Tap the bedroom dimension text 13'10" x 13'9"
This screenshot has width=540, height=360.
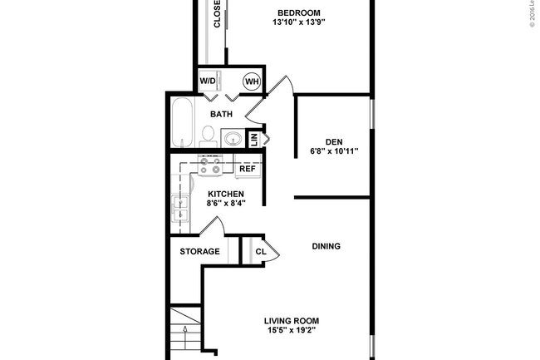click(297, 23)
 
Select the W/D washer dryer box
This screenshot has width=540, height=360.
click(208, 82)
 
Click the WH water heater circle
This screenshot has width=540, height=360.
click(251, 82)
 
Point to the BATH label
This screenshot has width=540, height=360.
click(221, 114)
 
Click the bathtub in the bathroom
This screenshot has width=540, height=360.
click(181, 122)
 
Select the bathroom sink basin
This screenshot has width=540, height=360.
click(233, 138)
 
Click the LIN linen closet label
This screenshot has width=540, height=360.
click(254, 140)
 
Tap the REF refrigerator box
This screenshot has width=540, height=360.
click(247, 169)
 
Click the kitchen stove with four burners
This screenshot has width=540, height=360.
click(210, 167)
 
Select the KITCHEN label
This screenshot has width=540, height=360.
click(225, 194)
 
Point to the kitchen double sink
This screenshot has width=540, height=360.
click(180, 210)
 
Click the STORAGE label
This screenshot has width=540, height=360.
click(200, 251)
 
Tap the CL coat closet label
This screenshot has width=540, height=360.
click(260, 251)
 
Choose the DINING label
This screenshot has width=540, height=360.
click(326, 246)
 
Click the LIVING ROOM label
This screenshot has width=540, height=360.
click(292, 320)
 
